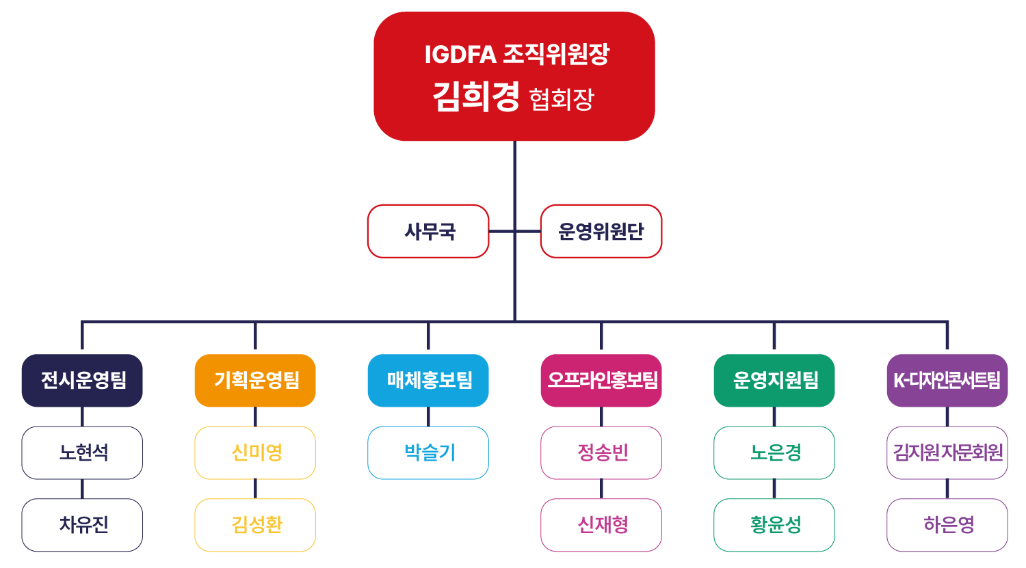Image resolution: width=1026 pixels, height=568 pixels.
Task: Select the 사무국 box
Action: pos(429,231)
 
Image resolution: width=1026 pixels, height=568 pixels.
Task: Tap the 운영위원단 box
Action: pos(601,231)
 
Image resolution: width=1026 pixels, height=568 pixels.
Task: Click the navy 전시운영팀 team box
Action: pos(82,380)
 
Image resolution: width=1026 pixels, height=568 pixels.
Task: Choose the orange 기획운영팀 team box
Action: pos(255,380)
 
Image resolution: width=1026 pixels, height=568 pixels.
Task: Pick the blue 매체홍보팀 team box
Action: pos(428,380)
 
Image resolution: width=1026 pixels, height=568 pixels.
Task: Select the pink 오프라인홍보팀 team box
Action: pos(601,380)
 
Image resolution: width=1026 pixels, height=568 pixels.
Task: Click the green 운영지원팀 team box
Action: pos(774,380)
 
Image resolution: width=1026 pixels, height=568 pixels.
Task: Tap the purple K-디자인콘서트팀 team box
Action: pos(947,380)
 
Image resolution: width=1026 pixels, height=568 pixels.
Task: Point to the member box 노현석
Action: pos(82,452)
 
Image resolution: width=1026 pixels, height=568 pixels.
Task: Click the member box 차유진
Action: pos(82,525)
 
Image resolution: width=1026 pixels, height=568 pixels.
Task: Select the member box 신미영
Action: pos(255,452)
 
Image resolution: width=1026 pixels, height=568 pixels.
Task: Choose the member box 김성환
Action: pos(255,525)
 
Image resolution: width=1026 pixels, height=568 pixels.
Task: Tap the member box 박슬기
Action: pos(428,452)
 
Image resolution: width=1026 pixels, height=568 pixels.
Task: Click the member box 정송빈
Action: pos(601,452)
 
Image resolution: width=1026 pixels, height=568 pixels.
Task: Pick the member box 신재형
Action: pos(601,525)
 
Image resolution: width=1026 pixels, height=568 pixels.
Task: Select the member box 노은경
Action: pos(774,452)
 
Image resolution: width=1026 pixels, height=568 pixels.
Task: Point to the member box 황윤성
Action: pos(774,525)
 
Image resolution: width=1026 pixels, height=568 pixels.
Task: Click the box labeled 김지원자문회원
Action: pos(947,452)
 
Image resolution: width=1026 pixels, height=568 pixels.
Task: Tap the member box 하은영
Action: pos(947,525)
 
